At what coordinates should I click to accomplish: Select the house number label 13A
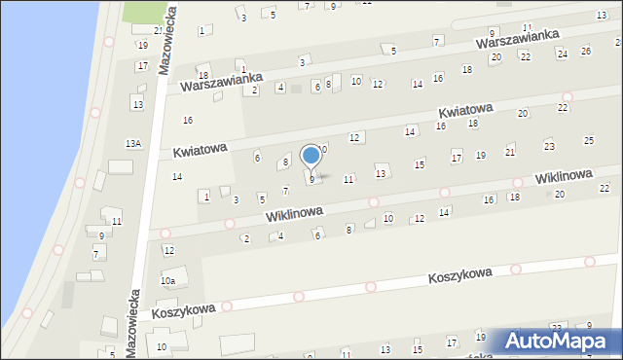click(x=133, y=143)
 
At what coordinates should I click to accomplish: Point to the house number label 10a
click(x=167, y=281)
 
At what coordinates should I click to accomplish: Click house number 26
click(x=585, y=51)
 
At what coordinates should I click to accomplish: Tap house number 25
click(x=588, y=141)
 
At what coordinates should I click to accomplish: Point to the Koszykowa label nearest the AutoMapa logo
click(x=460, y=276)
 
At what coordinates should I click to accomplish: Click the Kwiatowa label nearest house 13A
click(x=201, y=149)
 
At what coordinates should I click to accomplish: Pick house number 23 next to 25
click(x=549, y=146)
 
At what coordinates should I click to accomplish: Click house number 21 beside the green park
click(x=158, y=31)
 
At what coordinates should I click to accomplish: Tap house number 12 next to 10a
click(x=167, y=251)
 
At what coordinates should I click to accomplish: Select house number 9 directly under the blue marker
click(x=311, y=179)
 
